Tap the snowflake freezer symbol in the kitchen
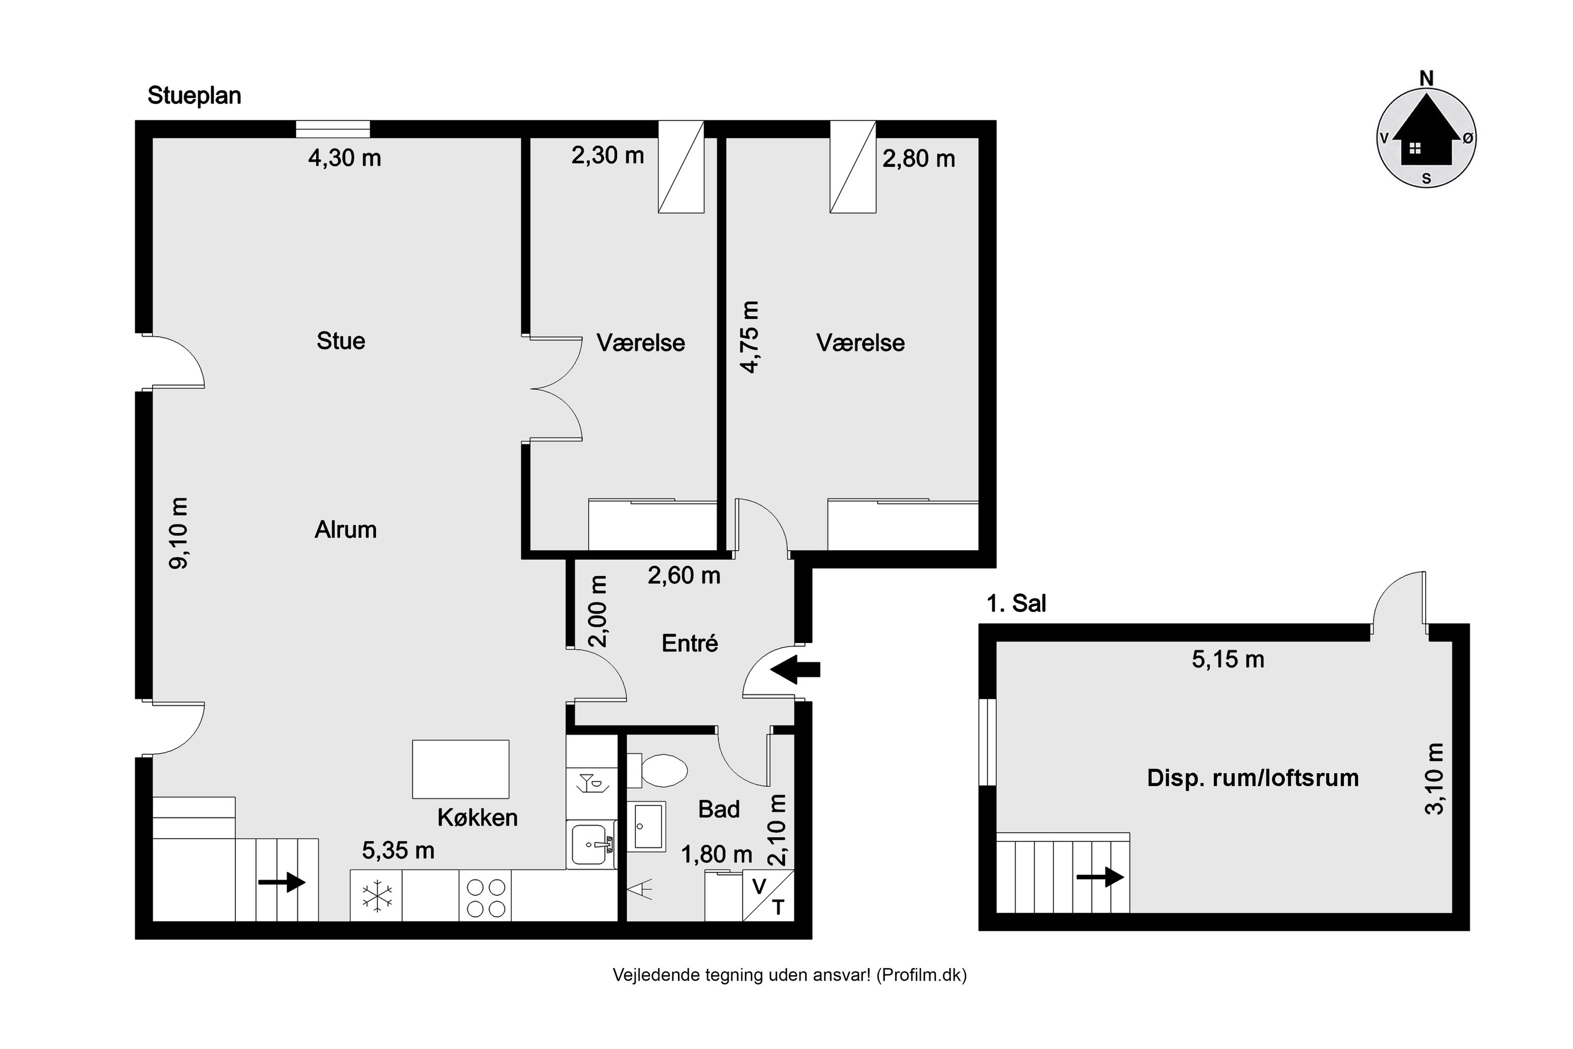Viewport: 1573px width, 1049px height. [376, 896]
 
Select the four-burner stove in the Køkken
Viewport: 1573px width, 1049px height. [486, 897]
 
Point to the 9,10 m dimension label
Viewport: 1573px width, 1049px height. [179, 533]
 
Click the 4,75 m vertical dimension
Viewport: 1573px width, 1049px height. [750, 337]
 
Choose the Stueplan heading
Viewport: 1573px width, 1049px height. [194, 95]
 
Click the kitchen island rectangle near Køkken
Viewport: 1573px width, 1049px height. [460, 769]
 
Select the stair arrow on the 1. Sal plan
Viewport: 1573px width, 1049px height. [1100, 876]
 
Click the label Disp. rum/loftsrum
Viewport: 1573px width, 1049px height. [1252, 778]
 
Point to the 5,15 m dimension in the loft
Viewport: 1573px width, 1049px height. [1228, 660]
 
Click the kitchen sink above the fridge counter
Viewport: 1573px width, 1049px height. [590, 844]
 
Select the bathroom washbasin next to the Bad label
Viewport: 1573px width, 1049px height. [646, 826]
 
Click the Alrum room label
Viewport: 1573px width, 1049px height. [346, 530]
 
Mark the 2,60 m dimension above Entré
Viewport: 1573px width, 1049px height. [684, 575]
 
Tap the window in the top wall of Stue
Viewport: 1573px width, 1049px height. [333, 129]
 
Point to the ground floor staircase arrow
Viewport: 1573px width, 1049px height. [282, 882]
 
